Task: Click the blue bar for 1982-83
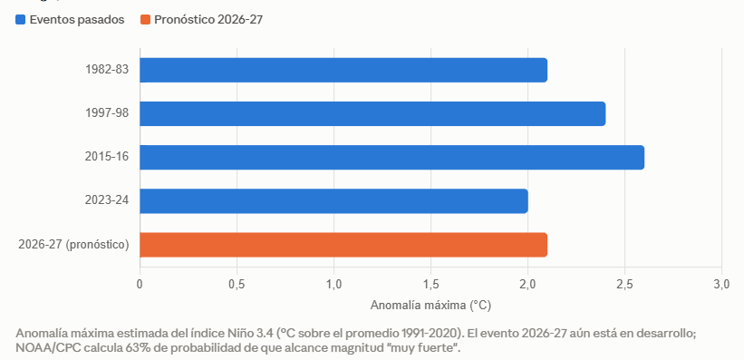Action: point(343,70)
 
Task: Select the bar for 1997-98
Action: point(372,113)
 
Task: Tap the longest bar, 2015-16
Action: point(391,157)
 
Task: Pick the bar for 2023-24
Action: point(333,201)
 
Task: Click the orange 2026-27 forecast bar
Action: point(343,245)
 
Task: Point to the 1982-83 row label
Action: point(107,69)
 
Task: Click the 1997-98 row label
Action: point(107,113)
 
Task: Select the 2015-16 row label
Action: point(107,157)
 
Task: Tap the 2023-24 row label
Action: point(107,200)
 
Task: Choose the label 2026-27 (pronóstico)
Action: point(73,245)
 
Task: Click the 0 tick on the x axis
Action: point(140,285)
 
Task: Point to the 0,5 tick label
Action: point(237,285)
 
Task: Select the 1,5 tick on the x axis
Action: point(430,285)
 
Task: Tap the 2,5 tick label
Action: point(624,285)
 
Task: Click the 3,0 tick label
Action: point(721,285)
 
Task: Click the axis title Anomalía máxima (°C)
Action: point(430,305)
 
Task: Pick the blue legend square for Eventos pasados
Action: point(21,19)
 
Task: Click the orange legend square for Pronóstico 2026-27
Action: point(145,19)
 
